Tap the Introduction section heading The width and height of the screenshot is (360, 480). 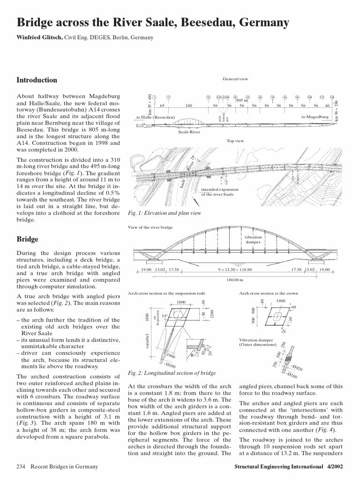click(37, 80)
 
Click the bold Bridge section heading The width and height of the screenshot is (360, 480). click(27, 240)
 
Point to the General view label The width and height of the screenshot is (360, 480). click(236, 79)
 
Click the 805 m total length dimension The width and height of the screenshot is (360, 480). click(242, 100)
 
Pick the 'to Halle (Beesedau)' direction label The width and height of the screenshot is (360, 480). click(156, 117)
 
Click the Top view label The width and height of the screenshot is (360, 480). click(236, 140)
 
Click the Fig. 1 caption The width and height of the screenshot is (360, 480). click(164, 213)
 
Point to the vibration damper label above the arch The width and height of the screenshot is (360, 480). click(254, 240)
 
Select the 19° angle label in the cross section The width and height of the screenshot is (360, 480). click(165, 329)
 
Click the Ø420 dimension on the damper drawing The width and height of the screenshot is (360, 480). click(297, 368)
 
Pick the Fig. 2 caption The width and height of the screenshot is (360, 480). click(172, 373)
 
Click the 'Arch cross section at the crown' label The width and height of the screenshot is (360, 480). click(268, 293)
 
